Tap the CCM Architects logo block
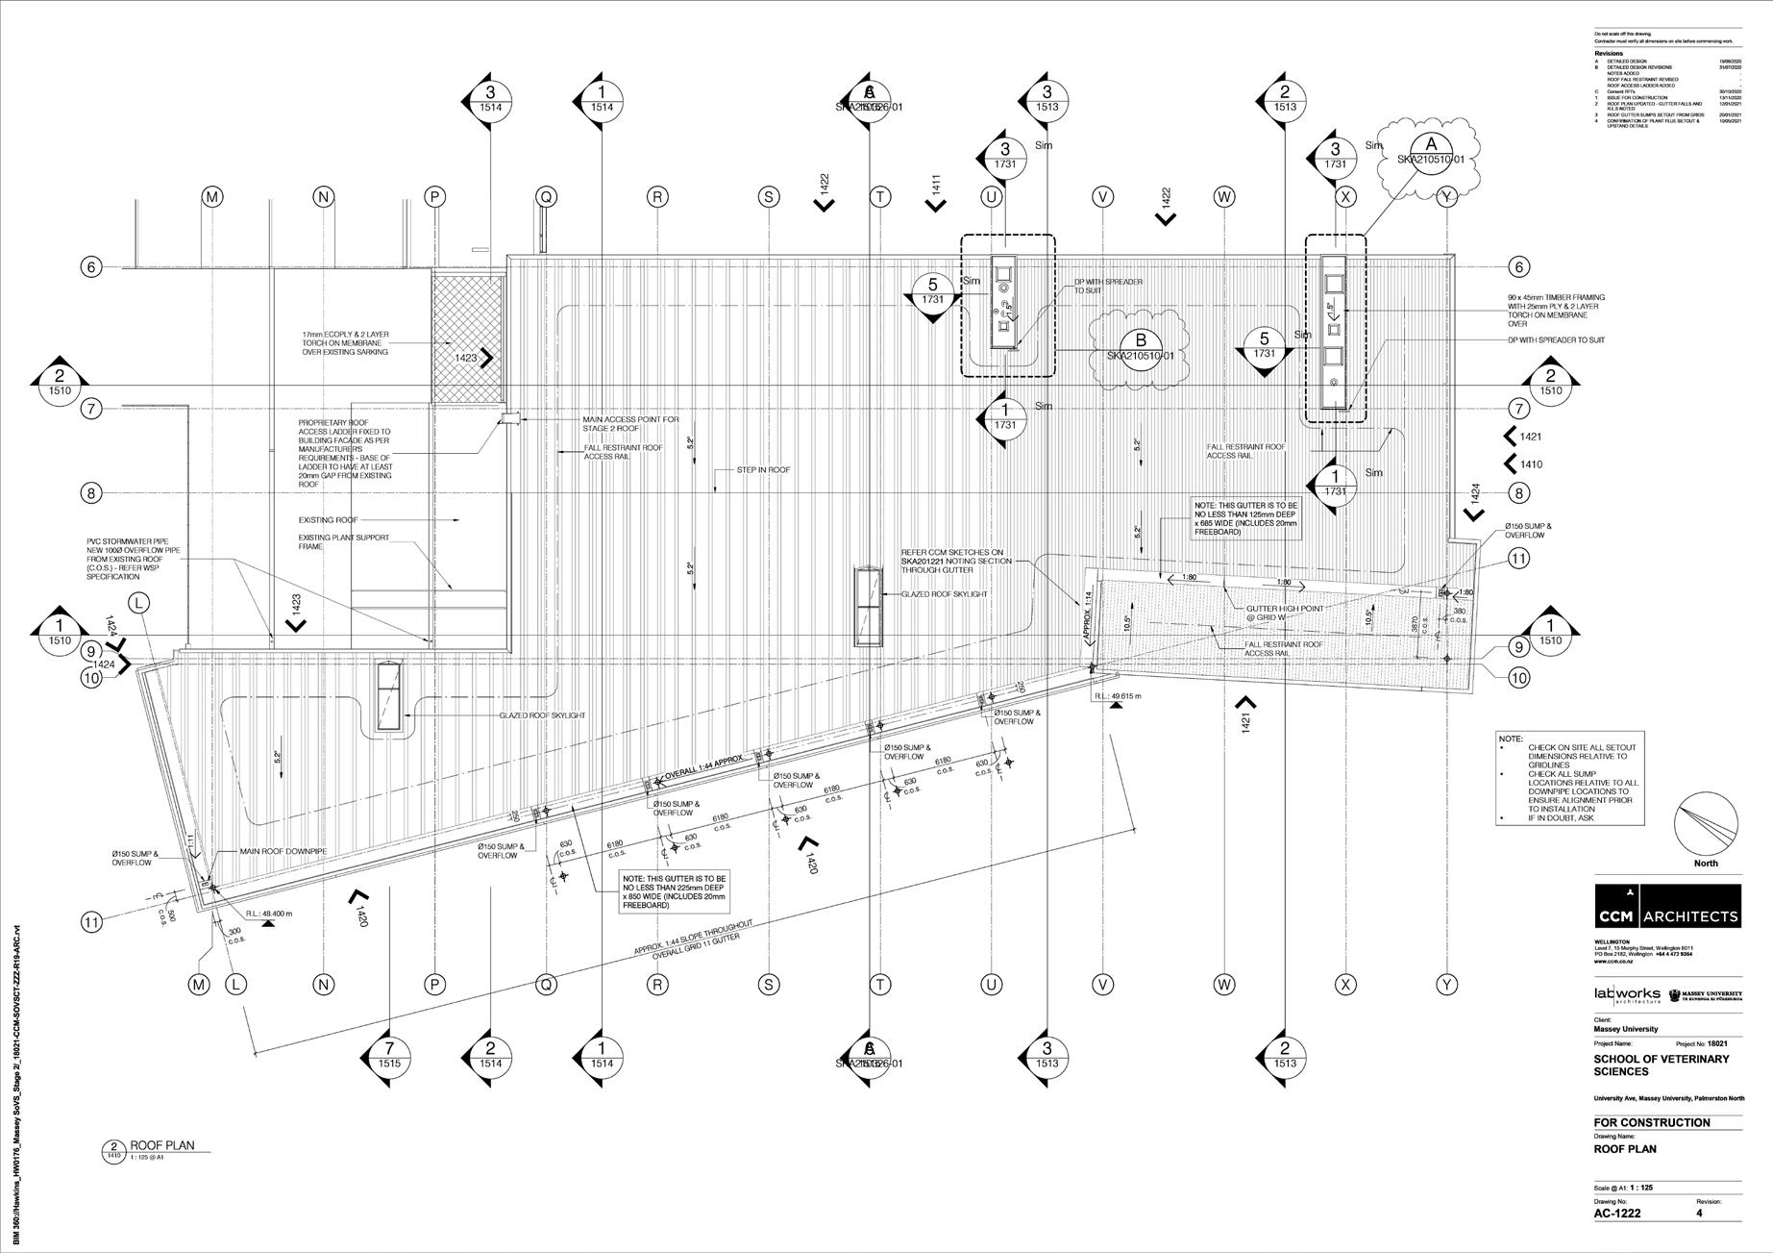click(1667, 906)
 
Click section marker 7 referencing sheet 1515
click(389, 1055)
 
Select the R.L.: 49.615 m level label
click(1118, 696)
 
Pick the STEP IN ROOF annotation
click(763, 470)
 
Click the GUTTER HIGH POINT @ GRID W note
click(1284, 614)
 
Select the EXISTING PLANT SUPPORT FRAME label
click(343, 541)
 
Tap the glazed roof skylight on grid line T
click(868, 607)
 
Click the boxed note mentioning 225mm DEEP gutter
click(675, 891)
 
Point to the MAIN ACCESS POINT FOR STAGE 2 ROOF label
click(629, 424)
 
